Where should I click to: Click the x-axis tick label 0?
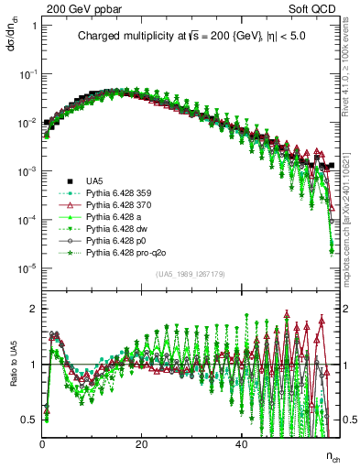42,442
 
